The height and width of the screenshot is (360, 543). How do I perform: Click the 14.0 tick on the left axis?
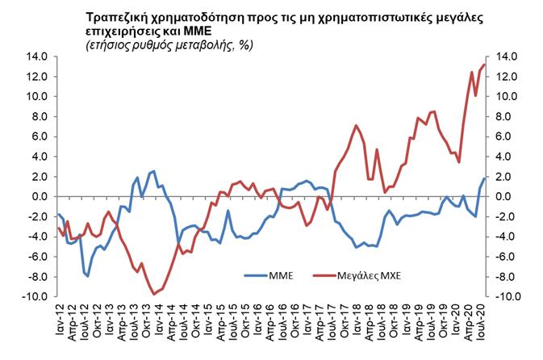(38, 57)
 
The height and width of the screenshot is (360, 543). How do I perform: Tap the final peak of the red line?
(483, 65)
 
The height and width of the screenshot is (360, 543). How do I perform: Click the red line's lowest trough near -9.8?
(153, 294)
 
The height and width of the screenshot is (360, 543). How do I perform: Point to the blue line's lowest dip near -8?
(88, 276)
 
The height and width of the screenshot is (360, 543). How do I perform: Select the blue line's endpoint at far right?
(483, 178)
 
